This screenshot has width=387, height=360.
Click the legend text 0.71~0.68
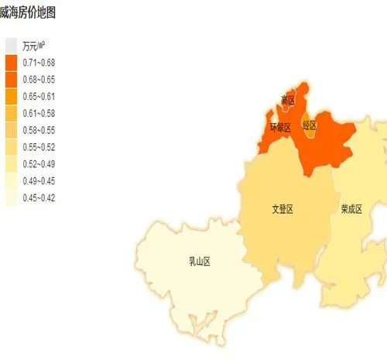click(39, 62)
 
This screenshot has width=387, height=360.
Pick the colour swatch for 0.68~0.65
click(11, 78)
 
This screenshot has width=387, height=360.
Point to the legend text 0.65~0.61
click(39, 95)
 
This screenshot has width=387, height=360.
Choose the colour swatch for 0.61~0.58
click(11, 112)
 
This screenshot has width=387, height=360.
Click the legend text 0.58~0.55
click(39, 129)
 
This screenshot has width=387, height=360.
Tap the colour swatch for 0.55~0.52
click(11, 146)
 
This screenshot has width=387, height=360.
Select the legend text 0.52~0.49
click(39, 163)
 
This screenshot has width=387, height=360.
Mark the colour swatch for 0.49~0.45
click(11, 180)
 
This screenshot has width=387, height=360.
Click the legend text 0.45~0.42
click(39, 197)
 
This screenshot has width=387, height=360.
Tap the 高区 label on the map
click(288, 100)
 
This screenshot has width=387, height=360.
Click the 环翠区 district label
click(279, 127)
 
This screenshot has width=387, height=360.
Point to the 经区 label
click(310, 125)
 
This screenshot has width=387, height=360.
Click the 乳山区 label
click(200, 261)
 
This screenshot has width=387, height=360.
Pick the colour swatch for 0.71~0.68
click(11, 62)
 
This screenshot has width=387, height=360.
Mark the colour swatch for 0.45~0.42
click(11, 197)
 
